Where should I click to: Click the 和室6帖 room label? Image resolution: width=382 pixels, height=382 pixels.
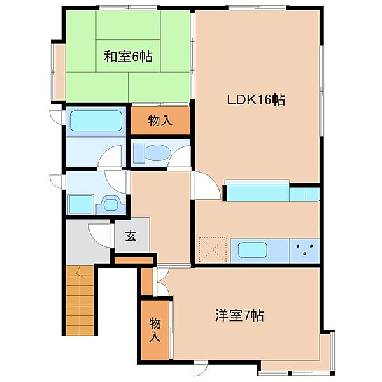click(128, 57)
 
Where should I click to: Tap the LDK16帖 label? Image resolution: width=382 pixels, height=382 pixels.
click(256, 99)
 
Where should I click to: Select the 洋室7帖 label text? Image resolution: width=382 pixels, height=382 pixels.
click(239, 316)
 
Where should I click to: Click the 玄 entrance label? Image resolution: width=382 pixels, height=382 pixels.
click(131, 236)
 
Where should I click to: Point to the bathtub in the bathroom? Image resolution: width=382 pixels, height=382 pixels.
click(96, 120)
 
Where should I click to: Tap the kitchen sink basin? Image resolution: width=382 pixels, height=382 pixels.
click(252, 250)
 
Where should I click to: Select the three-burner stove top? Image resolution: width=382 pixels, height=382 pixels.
click(304, 251)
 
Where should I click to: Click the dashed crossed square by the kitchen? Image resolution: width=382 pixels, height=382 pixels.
click(213, 250)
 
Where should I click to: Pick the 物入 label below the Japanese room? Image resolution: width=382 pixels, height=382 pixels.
click(160, 121)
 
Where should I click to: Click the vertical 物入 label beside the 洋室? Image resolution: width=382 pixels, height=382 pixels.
click(155, 330)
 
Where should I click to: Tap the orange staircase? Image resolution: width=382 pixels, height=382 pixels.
click(80, 301)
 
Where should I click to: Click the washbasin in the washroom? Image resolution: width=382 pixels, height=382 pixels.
click(111, 204)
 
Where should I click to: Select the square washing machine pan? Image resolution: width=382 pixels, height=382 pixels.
click(81, 204)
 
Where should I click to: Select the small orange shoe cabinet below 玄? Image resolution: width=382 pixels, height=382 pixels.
click(134, 260)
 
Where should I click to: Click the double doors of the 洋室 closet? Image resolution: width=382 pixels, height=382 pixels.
click(162, 282)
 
